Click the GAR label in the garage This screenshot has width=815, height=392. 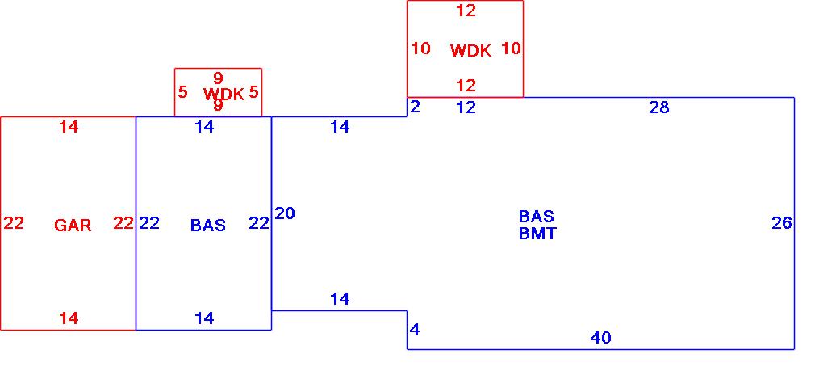[73, 226]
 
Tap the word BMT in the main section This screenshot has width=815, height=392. [537, 234]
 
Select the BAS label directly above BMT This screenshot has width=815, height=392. [537, 217]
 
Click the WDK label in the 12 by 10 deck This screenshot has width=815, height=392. [470, 51]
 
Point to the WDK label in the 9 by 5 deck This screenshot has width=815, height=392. [224, 95]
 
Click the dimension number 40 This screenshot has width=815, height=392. [601, 338]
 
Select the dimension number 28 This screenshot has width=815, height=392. [659, 107]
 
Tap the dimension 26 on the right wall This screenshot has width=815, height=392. [781, 223]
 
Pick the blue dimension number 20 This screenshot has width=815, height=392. [285, 213]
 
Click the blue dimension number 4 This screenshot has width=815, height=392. [415, 330]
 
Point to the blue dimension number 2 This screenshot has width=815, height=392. [415, 107]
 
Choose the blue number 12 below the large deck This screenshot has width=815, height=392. [466, 107]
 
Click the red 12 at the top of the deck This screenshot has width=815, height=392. [466, 11]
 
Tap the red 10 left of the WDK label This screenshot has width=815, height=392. [420, 48]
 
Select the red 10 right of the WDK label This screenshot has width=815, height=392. [511, 48]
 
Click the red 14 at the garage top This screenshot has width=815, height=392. [69, 126]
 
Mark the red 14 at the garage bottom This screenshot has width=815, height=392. [69, 318]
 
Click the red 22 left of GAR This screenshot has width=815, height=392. [14, 223]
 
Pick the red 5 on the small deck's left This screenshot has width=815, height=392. [182, 92]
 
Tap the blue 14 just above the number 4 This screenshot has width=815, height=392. [340, 299]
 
